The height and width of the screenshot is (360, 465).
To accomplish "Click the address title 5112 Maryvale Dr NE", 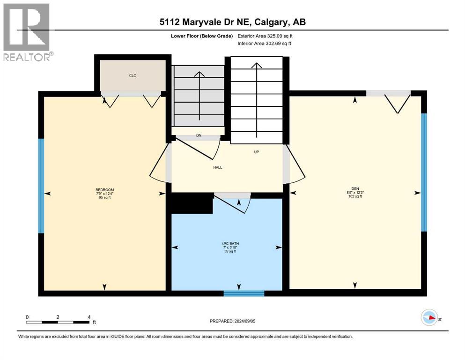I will coord(232,22).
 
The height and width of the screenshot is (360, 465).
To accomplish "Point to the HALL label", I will coord(217,167).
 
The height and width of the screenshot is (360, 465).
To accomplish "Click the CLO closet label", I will coord(133,75).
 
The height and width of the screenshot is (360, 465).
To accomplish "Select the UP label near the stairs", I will coord(257,152).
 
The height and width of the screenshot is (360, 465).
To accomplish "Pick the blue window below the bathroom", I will coord(244,294).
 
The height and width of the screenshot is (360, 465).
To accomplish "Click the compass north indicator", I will coord(429,318).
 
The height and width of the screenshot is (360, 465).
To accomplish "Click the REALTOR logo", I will coord(27,32).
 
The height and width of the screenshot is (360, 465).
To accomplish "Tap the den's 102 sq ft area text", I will coord(355,196).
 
